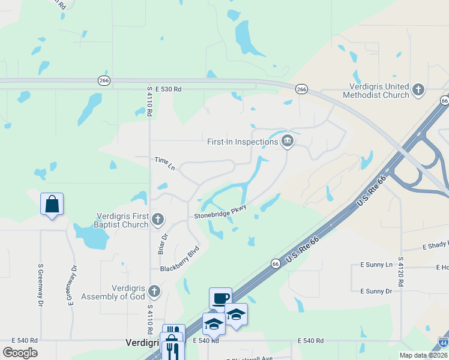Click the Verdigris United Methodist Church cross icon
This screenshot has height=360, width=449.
(418, 91)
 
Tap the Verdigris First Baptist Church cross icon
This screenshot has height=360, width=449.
(157, 219)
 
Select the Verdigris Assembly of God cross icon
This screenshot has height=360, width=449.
(154, 292)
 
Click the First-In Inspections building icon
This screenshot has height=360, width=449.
(288, 141)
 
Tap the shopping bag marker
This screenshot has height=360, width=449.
(52, 205)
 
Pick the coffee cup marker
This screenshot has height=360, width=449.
(220, 299)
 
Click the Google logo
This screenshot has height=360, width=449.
(20, 353)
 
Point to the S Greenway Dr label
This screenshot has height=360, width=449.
(41, 286)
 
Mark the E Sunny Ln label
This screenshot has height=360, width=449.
(376, 265)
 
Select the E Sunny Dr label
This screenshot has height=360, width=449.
(376, 291)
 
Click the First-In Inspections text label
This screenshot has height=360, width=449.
(243, 142)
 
